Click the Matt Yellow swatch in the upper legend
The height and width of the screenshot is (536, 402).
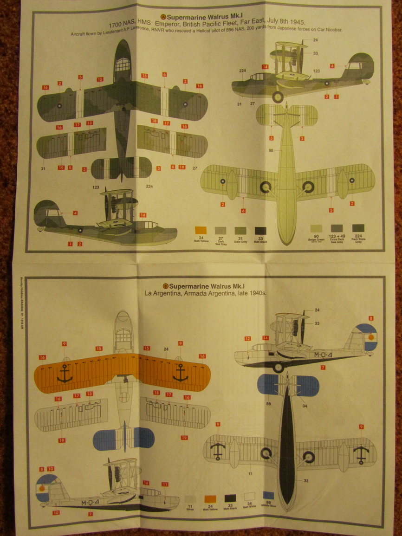pos(201,230)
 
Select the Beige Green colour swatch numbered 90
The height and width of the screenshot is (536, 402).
pos(315,228)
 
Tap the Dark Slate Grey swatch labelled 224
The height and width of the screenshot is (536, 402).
pos(358,228)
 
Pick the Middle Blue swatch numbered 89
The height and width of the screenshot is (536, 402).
pos(268,495)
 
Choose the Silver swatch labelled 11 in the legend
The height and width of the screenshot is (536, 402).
pos(190,499)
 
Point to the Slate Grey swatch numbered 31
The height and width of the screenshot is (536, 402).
pos(240,231)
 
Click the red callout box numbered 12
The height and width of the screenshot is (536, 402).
pos(248,338)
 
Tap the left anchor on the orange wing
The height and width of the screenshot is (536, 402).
pos(65,373)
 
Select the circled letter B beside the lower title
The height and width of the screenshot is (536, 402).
pos(165,286)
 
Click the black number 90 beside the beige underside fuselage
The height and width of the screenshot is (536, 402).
pos(271,150)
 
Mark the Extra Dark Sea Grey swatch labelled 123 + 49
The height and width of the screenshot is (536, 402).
pos(337,228)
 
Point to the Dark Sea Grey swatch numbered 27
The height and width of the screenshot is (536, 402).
pos(220,231)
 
